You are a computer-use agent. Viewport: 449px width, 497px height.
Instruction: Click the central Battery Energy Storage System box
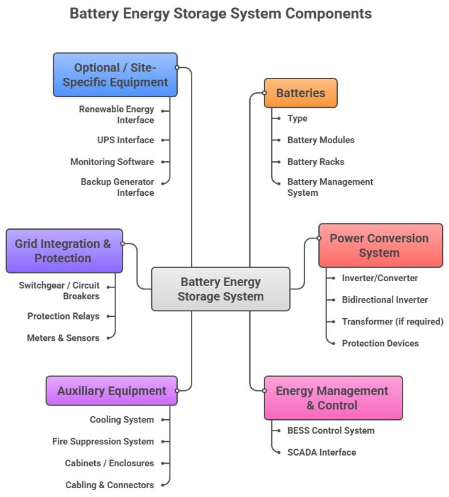220,289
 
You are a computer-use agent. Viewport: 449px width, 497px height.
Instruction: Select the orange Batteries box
300,93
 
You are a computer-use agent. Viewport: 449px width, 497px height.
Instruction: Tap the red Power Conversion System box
379,245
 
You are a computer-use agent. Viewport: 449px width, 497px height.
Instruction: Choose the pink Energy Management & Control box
332,398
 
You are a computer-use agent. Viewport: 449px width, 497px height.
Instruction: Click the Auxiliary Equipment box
112,391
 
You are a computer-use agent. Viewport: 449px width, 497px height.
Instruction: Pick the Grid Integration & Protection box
63,250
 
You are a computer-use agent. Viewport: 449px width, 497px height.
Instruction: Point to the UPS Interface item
126,140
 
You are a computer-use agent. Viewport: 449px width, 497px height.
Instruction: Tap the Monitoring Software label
112,161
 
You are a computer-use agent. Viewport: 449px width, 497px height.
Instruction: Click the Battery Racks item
316,161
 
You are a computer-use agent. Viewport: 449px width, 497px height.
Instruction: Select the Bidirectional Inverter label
385,300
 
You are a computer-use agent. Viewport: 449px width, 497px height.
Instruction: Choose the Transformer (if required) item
392,321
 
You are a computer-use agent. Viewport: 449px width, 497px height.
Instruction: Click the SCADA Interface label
322,452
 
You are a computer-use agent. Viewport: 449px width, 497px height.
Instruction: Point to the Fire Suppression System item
103,441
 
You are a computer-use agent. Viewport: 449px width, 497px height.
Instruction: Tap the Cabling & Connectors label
109,484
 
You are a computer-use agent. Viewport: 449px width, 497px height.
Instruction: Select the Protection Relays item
63,316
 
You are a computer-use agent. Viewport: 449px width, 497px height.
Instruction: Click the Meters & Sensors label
63,338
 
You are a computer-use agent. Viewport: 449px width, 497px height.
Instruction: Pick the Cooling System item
122,420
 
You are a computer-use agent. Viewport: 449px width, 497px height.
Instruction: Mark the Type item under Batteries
297,118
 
